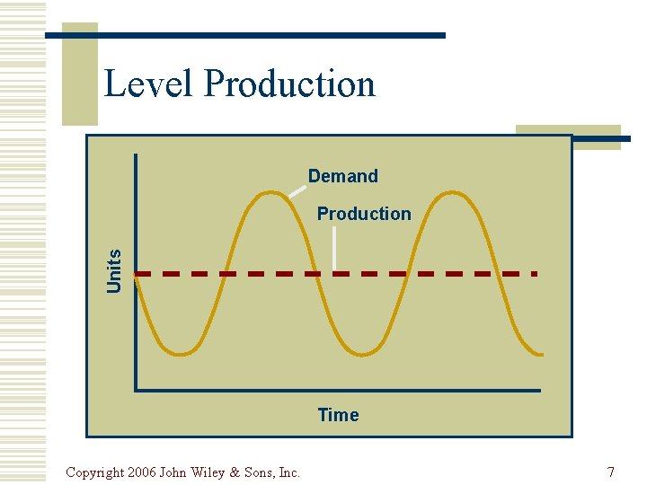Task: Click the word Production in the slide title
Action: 289,84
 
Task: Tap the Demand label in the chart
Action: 342,176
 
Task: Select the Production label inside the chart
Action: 363,214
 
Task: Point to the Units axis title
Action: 115,269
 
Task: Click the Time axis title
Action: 338,415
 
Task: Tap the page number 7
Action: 611,472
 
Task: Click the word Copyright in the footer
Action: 94,472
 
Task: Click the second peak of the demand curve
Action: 448,192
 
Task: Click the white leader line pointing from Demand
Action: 297,190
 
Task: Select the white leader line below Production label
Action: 334,248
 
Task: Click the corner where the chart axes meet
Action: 136,390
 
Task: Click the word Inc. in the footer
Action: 289,472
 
